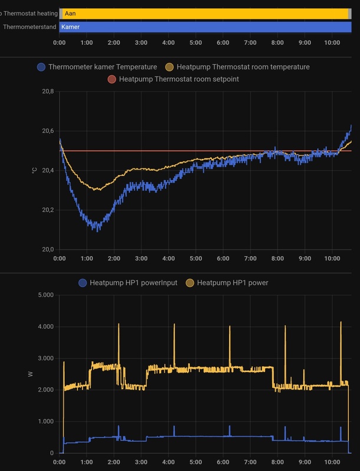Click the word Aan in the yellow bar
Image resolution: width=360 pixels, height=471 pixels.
(x=70, y=13)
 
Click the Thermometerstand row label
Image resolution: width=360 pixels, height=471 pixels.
(x=29, y=26)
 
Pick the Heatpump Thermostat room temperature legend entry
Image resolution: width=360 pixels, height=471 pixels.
(x=242, y=67)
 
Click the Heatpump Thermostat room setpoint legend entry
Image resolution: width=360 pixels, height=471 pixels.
(x=179, y=78)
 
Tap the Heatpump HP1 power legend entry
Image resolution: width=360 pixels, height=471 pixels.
(x=233, y=283)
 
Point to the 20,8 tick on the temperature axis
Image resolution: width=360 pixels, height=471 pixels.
(x=48, y=92)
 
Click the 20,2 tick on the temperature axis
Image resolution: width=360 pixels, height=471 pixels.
(x=48, y=210)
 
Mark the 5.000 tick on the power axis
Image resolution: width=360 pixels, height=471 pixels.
(x=45, y=295)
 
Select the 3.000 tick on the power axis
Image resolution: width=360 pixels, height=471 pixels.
(x=45, y=359)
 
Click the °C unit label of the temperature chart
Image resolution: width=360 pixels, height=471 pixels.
(x=35, y=171)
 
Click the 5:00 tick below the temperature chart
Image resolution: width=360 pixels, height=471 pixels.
(x=196, y=258)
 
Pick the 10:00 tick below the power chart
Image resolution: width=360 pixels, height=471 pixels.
(x=332, y=462)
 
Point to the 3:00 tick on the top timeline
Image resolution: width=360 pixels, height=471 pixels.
(x=141, y=42)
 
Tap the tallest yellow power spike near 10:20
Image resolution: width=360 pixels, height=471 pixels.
(x=341, y=322)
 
